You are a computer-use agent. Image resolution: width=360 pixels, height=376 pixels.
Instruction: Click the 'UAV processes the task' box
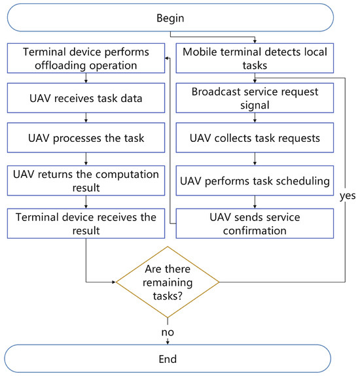point(87,139)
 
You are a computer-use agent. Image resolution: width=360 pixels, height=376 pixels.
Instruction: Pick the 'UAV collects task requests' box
point(255,139)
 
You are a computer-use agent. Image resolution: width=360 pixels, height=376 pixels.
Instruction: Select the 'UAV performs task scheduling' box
point(255,179)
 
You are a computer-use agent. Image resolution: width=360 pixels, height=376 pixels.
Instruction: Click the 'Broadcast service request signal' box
point(255,98)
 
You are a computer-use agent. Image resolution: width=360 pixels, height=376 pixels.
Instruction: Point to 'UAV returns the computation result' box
point(87,179)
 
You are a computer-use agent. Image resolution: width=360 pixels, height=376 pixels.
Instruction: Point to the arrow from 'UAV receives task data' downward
point(87,118)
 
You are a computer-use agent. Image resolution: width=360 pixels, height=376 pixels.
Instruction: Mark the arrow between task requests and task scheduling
point(255,159)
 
